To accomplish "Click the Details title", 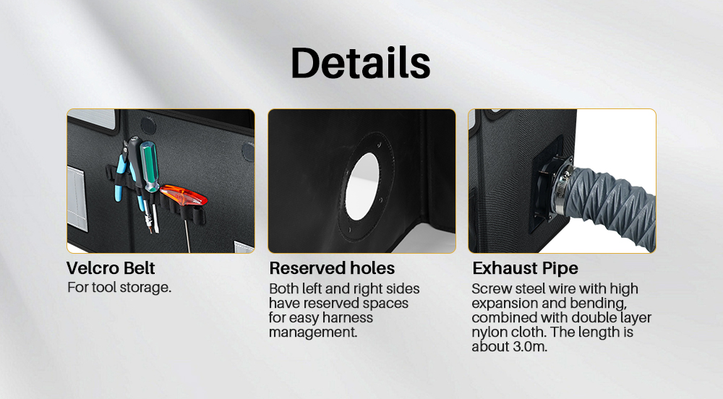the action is point(361,63).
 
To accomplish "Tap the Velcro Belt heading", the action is point(111,268).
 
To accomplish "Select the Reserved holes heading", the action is point(332,268).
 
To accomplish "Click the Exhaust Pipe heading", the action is point(525,268).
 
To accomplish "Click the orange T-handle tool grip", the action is point(184,197).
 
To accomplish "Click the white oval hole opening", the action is point(362,186).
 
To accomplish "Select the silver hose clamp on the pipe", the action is point(563,189).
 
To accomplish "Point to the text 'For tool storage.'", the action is point(119,288).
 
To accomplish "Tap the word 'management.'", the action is point(313,332).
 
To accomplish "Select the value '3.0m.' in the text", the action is point(529,346).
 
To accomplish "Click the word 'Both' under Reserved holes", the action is point(283,289).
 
